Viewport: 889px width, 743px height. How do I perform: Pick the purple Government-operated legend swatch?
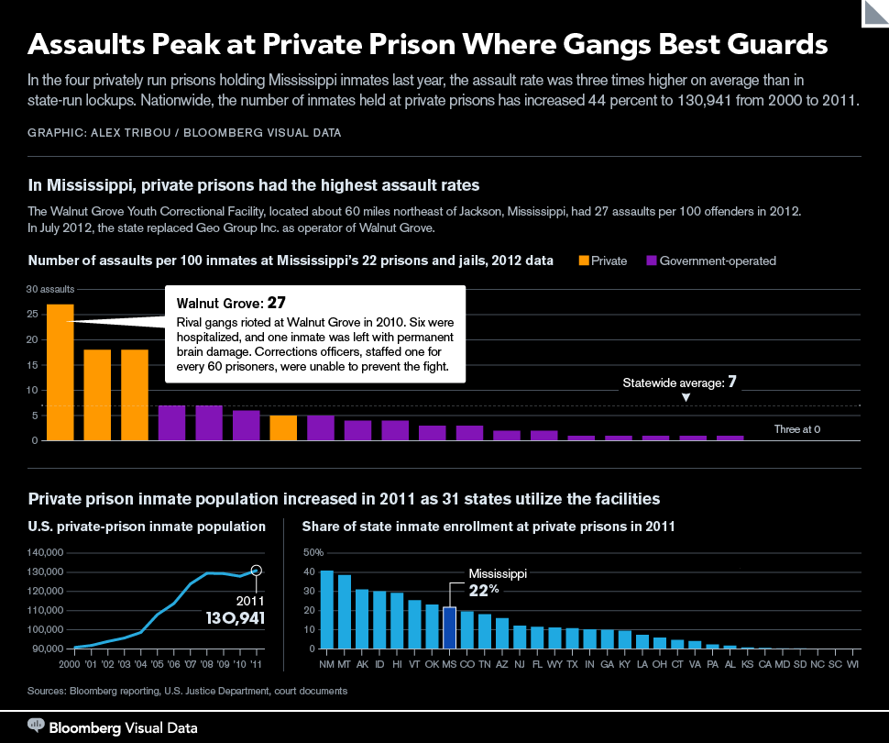pos(652,261)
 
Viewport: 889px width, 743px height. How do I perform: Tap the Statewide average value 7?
pos(732,382)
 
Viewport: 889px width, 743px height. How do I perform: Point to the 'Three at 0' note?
pos(796,428)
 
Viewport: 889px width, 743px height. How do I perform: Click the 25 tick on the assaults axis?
pos(32,315)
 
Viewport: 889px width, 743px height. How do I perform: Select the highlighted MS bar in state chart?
pos(449,627)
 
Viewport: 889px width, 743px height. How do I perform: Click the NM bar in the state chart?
pos(326,609)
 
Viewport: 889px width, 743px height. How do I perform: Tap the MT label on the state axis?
pos(344,662)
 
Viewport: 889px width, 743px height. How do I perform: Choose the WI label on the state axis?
pos(852,662)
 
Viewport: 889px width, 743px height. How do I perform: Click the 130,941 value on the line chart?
pos(235,618)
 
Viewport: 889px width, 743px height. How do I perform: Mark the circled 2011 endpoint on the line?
pos(257,571)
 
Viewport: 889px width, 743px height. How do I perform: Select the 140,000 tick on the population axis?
pos(45,553)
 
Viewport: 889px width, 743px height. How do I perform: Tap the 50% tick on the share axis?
pos(313,553)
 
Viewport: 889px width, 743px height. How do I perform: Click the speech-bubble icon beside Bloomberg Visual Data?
pos(37,726)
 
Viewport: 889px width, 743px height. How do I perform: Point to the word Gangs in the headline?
pos(622,44)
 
